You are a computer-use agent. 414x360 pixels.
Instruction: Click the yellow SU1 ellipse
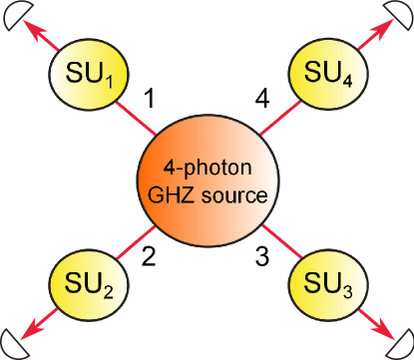(88, 74)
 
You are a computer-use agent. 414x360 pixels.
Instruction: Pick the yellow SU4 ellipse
(326, 74)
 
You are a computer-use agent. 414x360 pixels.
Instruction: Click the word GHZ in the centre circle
(177, 195)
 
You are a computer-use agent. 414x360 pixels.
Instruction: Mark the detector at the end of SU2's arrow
(13, 345)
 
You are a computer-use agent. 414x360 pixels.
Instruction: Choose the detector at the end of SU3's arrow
(401, 345)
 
